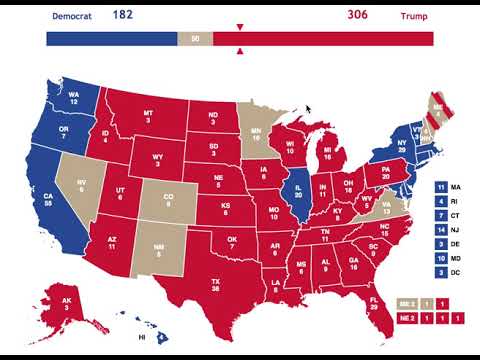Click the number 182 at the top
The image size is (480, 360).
[123, 15]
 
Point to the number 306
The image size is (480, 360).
[357, 15]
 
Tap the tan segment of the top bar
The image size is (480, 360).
[194, 38]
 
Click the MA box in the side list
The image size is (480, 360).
[440, 187]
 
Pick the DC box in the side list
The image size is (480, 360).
[440, 272]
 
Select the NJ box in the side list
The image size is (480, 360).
[440, 230]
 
